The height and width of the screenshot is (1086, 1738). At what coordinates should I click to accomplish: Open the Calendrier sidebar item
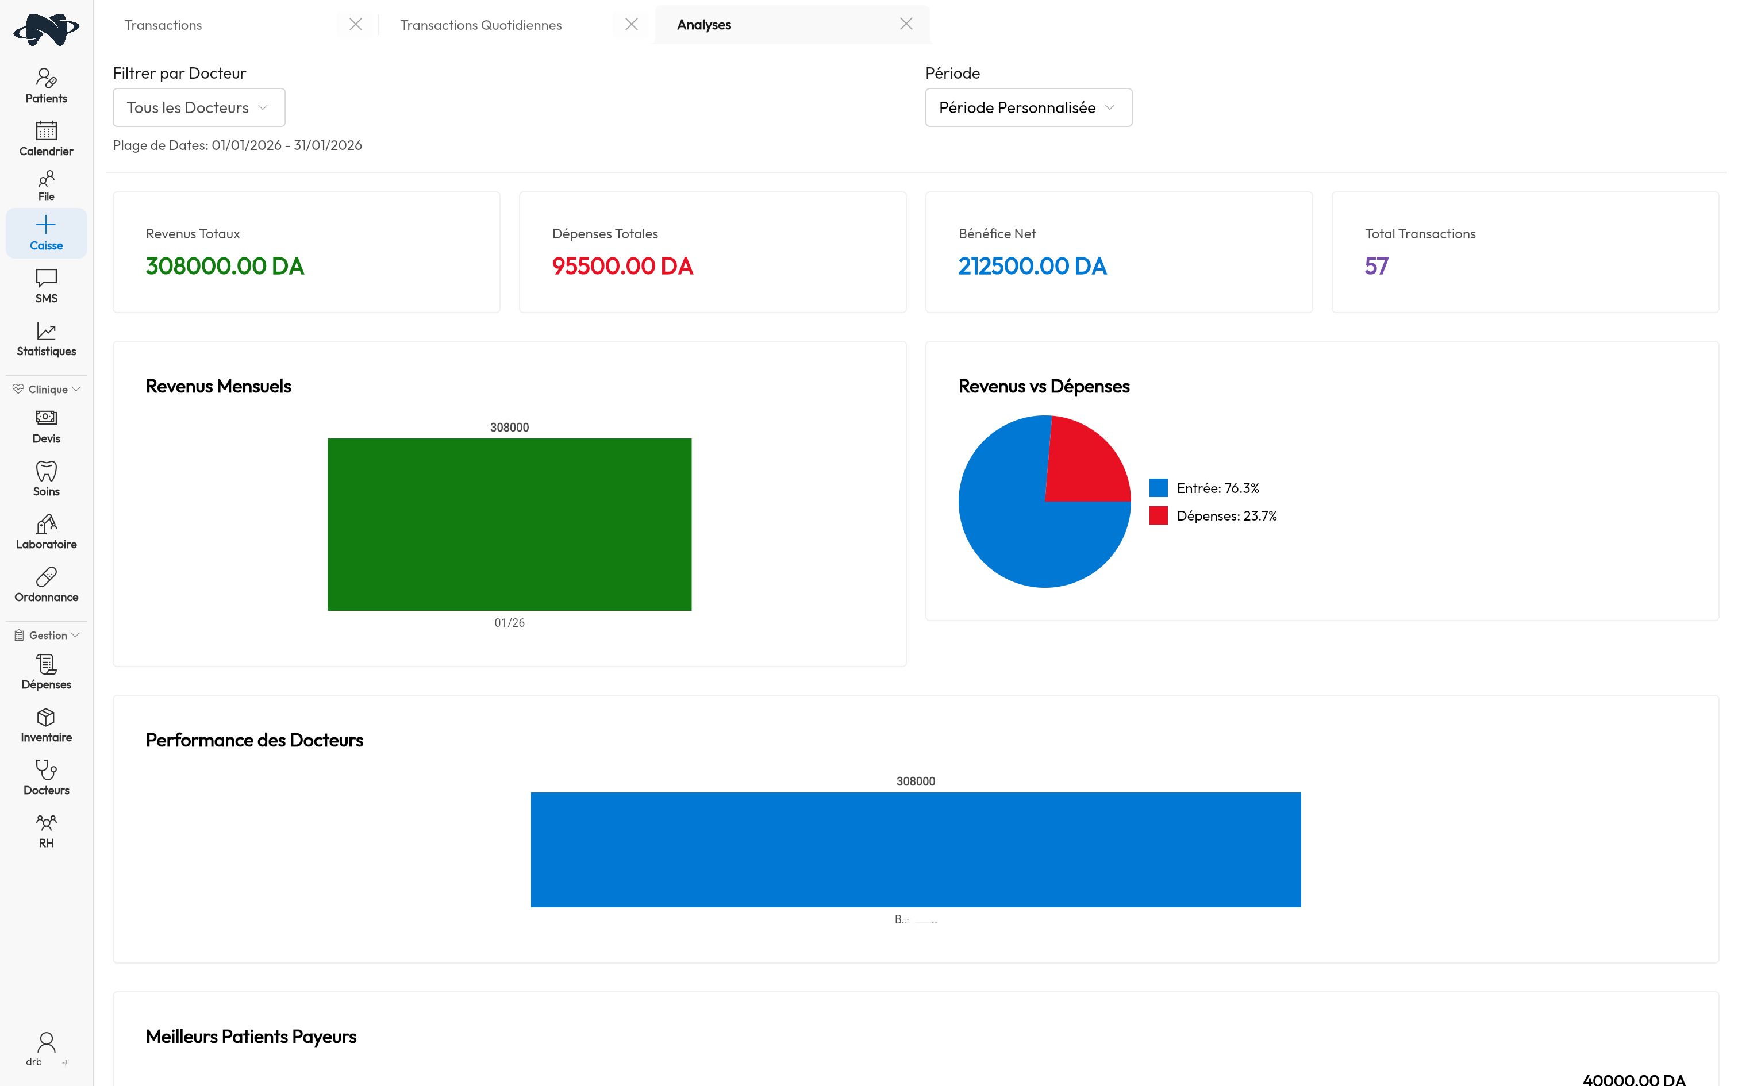(x=46, y=138)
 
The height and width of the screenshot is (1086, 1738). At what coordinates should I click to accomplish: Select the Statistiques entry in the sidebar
(x=46, y=339)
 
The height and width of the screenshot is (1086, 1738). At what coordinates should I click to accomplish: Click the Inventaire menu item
(x=46, y=725)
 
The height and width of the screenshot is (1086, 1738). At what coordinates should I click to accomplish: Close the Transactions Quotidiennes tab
(x=631, y=24)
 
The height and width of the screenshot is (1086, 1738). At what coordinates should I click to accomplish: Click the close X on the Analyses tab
(x=906, y=24)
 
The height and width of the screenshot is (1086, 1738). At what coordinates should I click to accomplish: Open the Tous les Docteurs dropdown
(x=199, y=108)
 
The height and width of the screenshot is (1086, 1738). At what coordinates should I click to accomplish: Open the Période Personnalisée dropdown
(x=1028, y=108)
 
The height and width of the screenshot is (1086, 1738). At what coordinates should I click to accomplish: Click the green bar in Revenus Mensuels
(x=509, y=524)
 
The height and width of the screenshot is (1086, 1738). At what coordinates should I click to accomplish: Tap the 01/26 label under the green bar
(x=509, y=623)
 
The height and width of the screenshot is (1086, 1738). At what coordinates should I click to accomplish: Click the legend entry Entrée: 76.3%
(x=1217, y=488)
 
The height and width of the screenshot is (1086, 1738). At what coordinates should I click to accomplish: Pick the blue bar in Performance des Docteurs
(x=916, y=849)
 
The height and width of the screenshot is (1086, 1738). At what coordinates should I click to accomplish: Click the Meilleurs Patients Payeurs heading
(x=251, y=1037)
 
